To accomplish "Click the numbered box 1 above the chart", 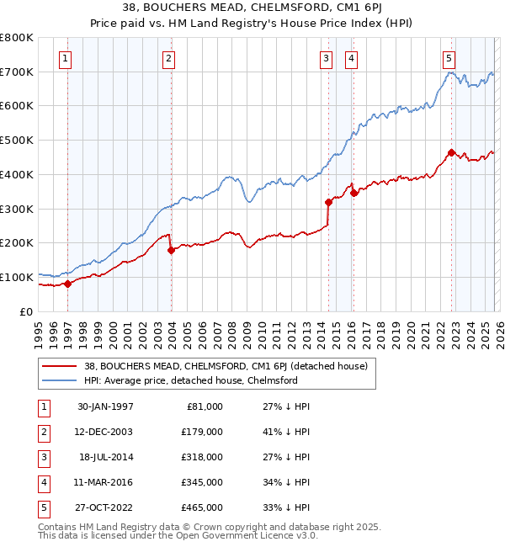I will point(66,58).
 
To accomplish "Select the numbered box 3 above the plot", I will point(326,58).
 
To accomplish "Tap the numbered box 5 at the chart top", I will point(449,58).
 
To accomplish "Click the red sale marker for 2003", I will point(171,250).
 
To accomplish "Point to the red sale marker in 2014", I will point(328,202).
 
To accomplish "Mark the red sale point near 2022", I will point(452,152).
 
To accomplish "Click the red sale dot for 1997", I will point(68,284).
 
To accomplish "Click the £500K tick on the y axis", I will point(17,140).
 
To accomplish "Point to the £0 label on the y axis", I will point(26,311).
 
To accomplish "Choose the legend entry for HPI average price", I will point(189,380).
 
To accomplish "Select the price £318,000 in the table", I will point(202,457).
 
